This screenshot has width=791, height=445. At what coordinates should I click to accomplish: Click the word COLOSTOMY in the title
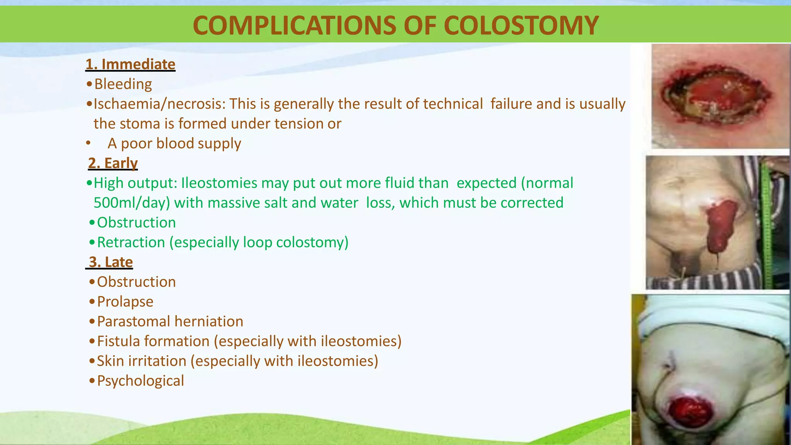point(521,25)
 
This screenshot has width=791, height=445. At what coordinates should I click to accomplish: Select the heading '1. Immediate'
point(130,64)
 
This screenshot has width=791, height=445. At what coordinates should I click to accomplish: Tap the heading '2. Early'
point(112,163)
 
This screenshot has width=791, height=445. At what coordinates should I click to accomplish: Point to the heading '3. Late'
point(110,262)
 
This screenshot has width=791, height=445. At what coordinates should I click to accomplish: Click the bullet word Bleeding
point(123,84)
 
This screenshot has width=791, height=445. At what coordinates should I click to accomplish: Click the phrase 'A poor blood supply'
point(174,143)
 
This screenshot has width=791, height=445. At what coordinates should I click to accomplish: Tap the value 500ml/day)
point(132,203)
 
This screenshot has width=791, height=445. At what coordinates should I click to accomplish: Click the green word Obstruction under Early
point(136,222)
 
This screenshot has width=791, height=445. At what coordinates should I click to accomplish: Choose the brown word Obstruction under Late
point(136,282)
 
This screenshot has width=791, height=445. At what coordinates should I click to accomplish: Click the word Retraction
point(131,242)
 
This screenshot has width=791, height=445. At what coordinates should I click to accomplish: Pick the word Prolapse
point(125,302)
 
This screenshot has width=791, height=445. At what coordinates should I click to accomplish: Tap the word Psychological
point(140,381)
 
